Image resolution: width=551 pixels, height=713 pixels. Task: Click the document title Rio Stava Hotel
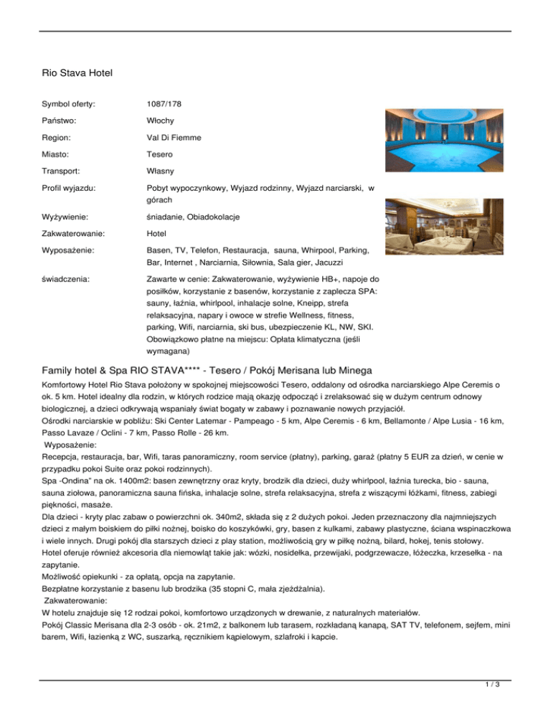point(78,72)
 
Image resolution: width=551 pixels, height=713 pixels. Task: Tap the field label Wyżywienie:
point(69,217)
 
